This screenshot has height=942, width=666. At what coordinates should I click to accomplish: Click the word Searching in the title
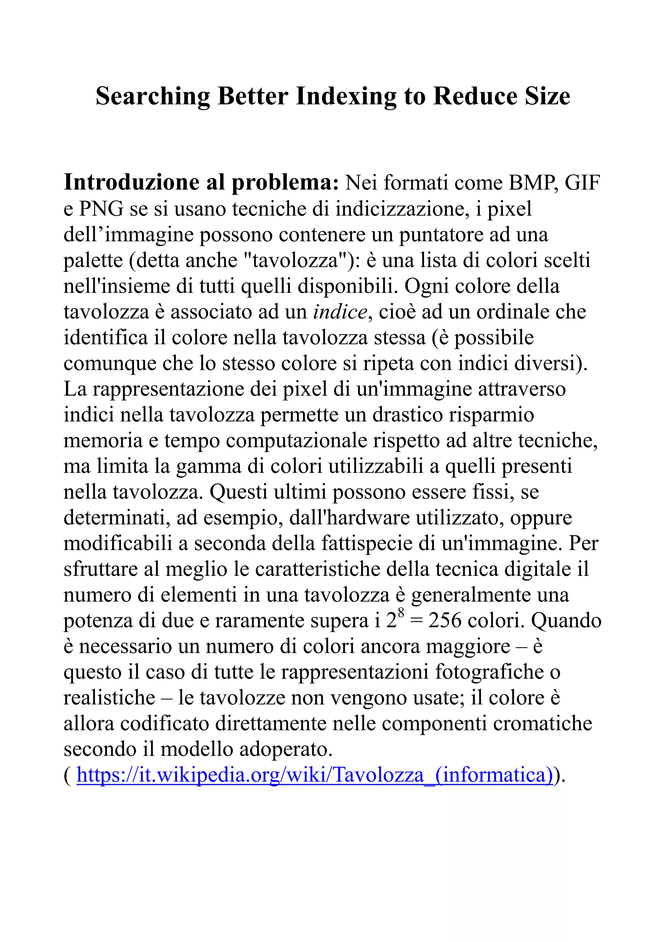[152, 97]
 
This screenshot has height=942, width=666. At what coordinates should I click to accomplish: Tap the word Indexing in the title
[345, 97]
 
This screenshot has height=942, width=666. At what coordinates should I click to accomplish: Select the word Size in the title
[547, 97]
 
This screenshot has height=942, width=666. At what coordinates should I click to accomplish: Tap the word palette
[93, 260]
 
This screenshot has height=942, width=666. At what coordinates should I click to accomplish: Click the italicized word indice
[340, 312]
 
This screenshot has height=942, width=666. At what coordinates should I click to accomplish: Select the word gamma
[208, 466]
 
